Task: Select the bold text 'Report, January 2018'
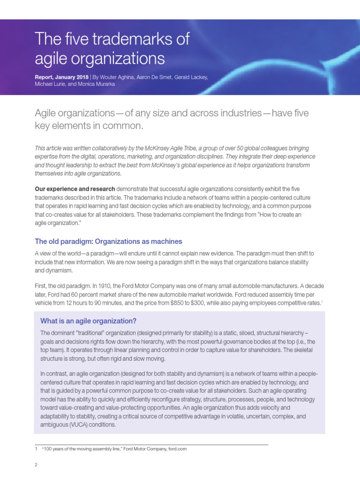(x=62, y=76)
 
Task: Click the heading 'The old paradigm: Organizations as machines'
(x=108, y=241)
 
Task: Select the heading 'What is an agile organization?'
(x=88, y=321)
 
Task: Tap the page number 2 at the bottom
(x=36, y=465)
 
